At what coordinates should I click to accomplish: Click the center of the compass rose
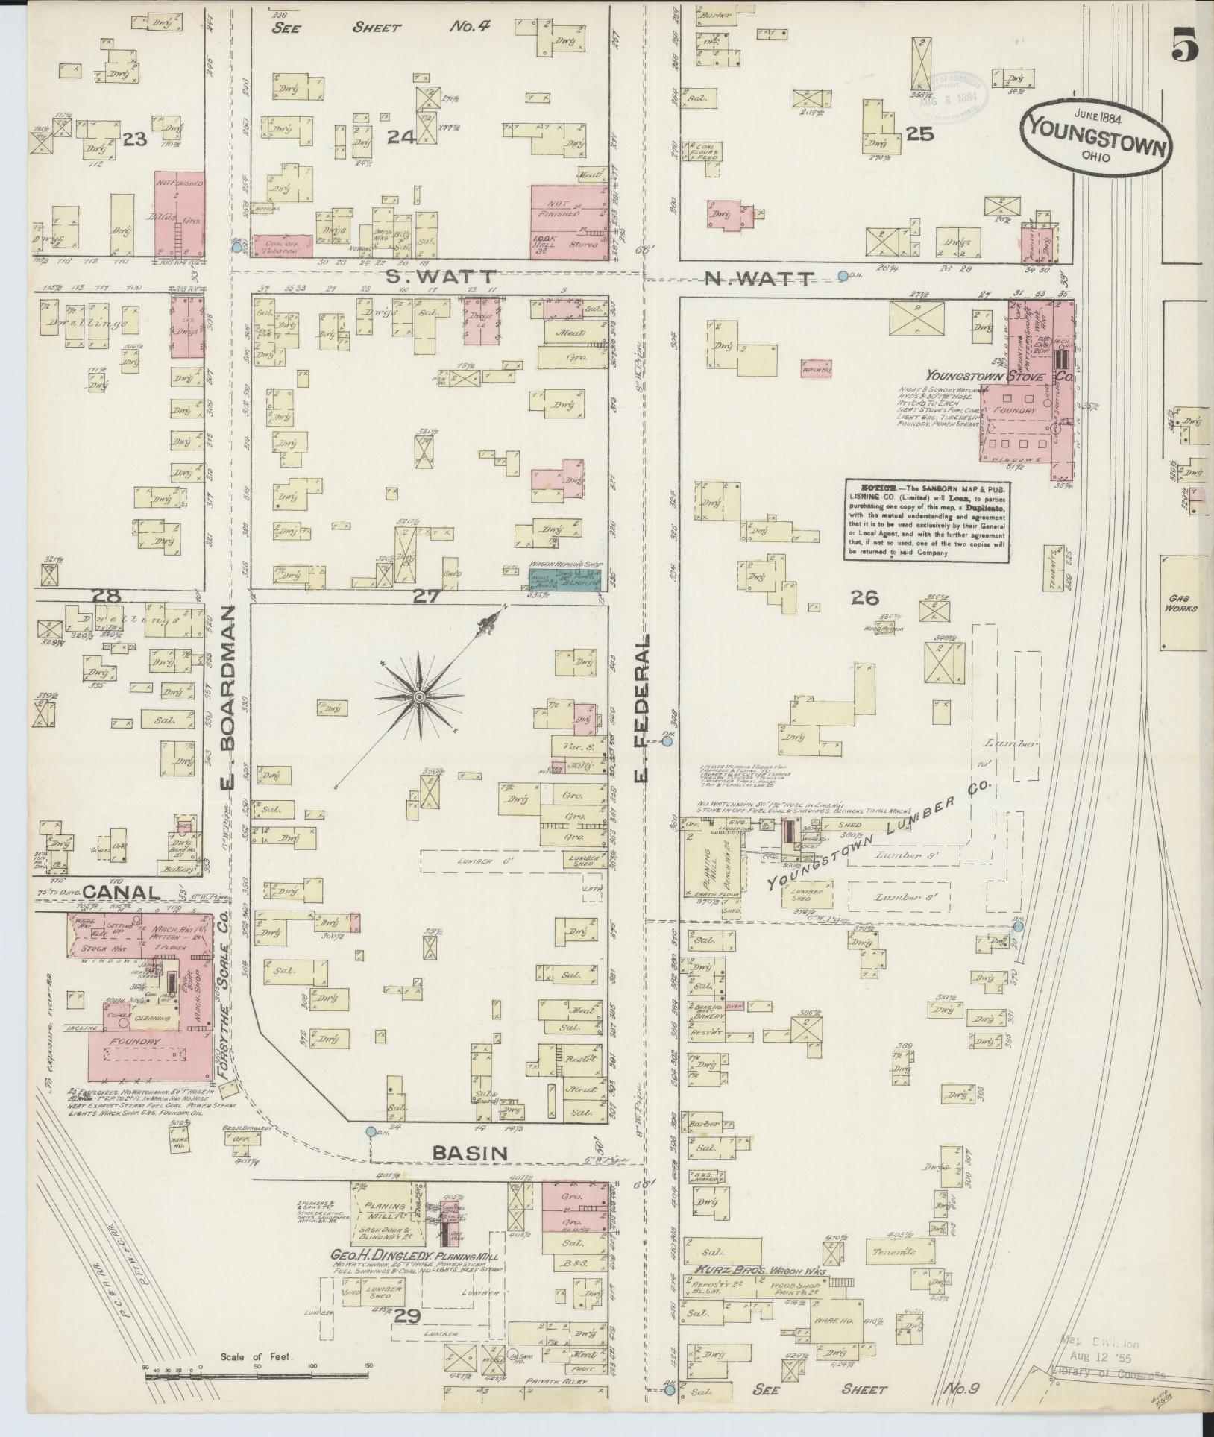419,697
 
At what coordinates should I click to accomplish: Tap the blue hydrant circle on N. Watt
843,276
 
